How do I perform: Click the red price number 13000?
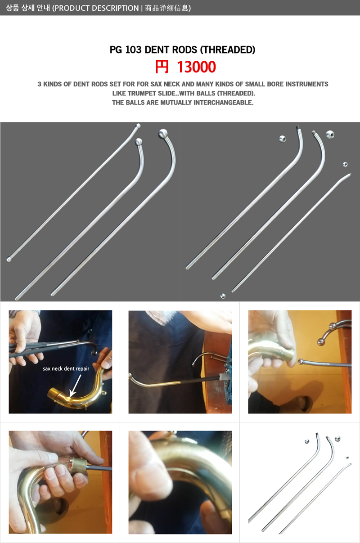click(196, 67)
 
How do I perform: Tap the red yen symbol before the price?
click(162, 67)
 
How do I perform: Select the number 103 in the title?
click(133, 50)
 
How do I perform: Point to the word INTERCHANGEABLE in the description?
click(223, 103)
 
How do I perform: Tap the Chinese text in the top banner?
click(166, 8)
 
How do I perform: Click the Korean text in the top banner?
click(27, 8)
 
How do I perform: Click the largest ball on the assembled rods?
click(163, 134)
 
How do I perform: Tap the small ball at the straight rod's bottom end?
click(9, 260)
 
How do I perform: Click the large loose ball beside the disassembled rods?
click(330, 134)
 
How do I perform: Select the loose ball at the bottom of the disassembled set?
click(223, 296)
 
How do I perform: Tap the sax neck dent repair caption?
click(66, 369)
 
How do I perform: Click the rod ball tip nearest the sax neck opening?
click(300, 362)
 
